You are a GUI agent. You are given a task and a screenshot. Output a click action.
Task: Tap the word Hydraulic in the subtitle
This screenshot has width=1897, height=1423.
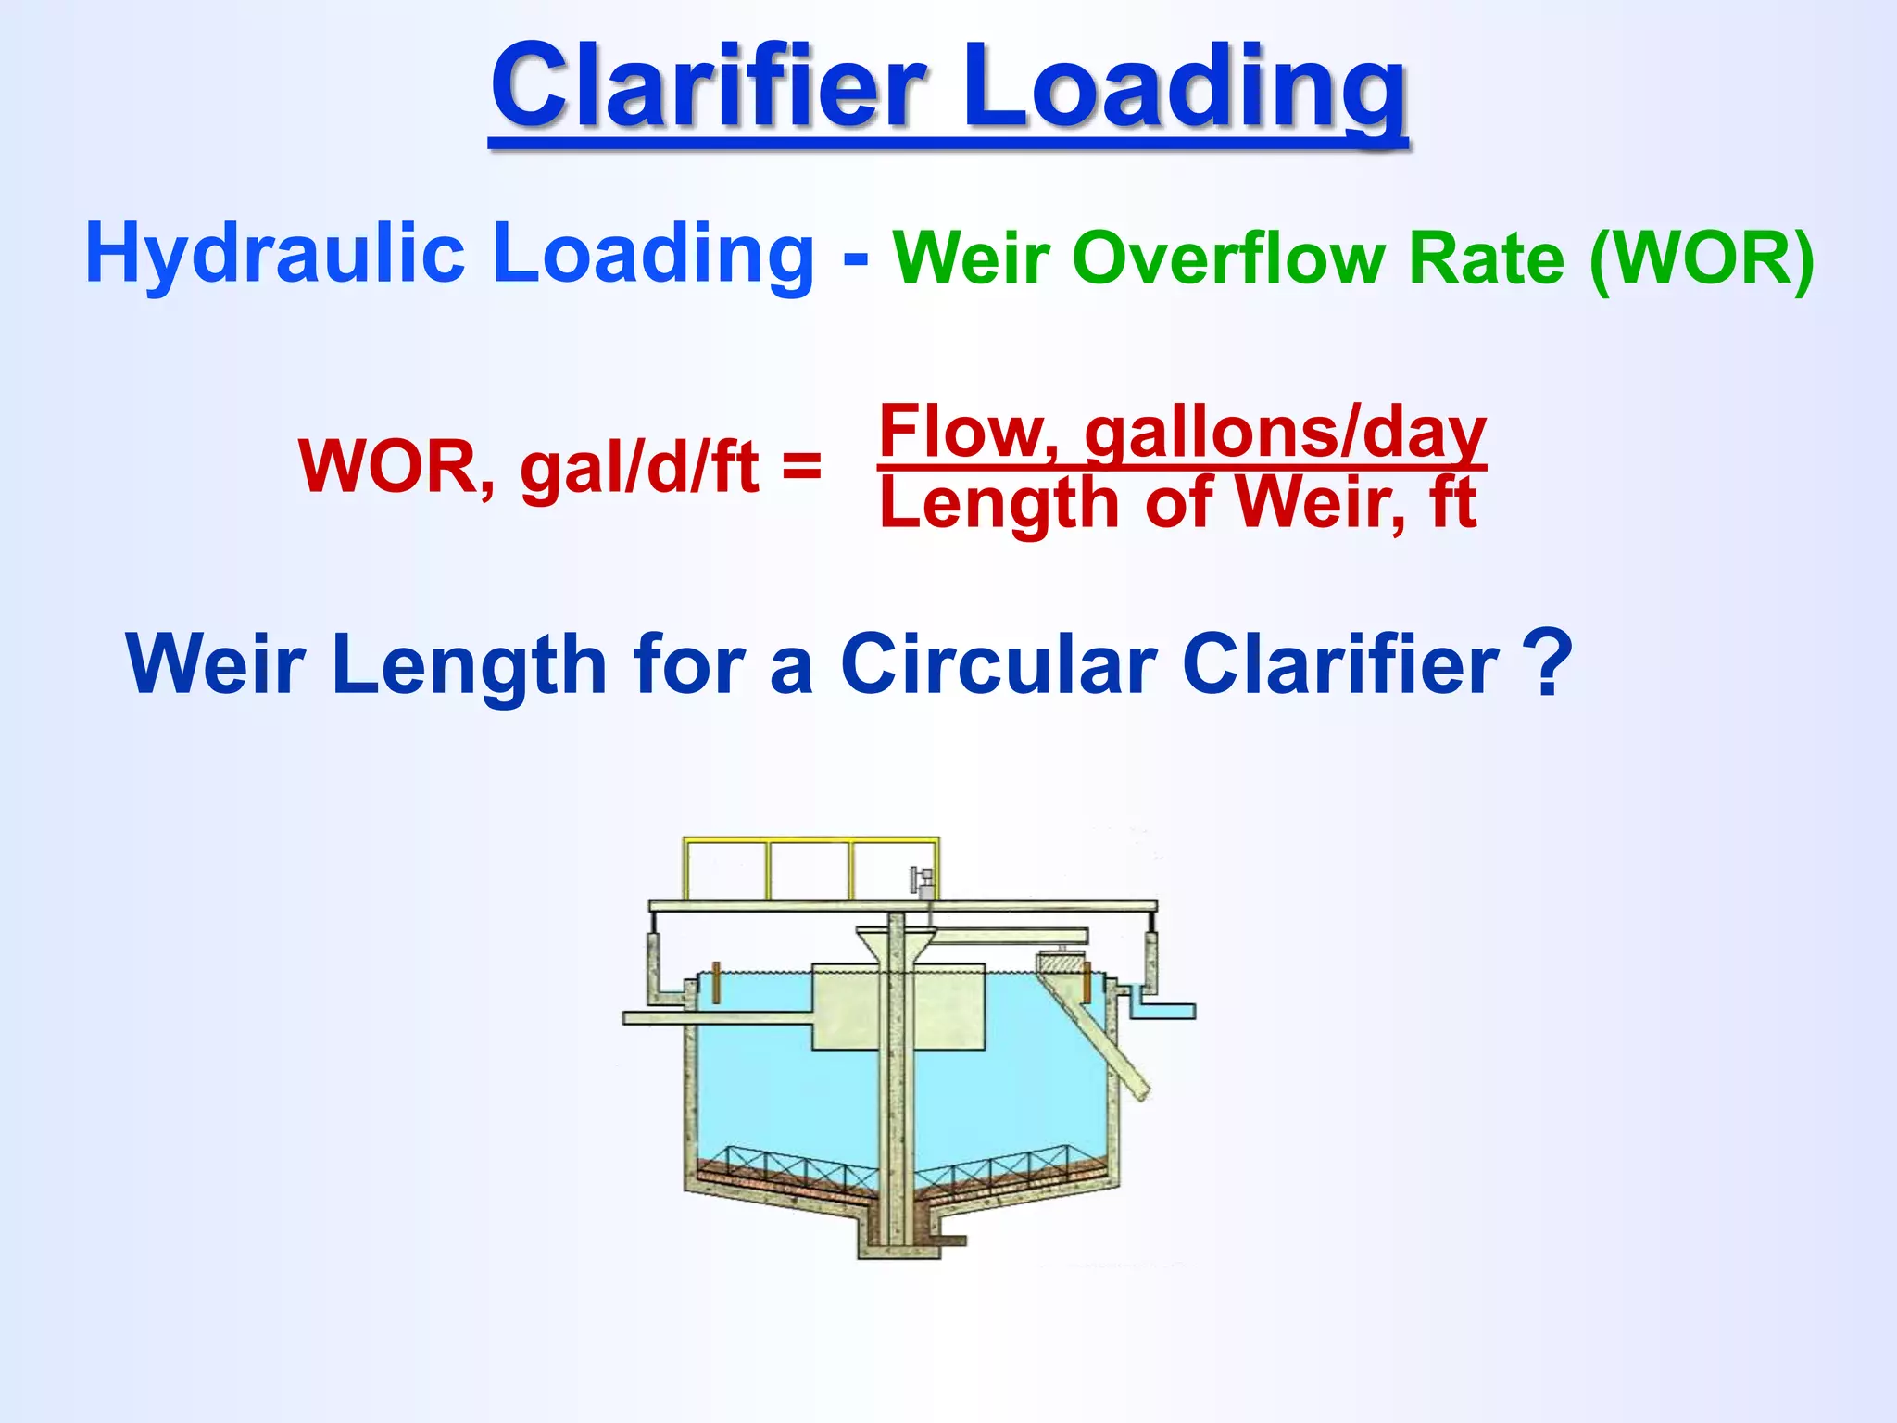pos(274,254)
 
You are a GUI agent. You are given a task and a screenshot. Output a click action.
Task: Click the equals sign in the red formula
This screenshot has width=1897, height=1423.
pos(801,465)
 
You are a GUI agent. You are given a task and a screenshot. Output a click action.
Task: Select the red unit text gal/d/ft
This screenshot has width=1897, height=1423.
pos(639,467)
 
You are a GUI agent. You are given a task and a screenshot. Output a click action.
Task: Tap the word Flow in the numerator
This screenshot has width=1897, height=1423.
pos(967,432)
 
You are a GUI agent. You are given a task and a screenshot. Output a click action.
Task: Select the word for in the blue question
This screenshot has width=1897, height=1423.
pos(687,664)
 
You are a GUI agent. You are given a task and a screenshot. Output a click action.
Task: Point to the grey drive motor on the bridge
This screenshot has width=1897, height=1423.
pos(922,879)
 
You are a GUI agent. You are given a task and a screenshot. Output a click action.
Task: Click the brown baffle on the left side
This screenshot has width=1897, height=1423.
pos(716,982)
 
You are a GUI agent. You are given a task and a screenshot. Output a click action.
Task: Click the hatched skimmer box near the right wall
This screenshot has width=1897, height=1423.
pos(1061,967)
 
